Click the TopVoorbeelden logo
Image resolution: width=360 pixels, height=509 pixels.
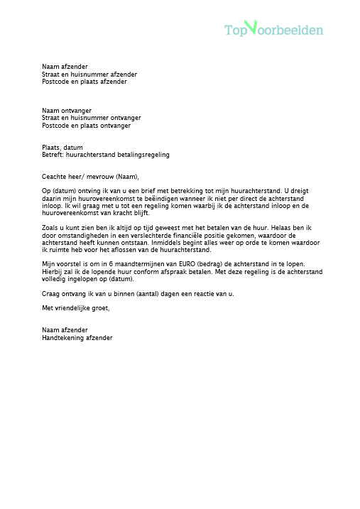pos(273,29)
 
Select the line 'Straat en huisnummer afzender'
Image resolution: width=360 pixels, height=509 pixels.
pos(89,74)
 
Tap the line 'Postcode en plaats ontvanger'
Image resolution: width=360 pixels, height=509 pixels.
pos(86,126)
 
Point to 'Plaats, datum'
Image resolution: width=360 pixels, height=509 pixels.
pos(62,147)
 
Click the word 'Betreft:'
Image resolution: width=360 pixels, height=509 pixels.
pos(53,155)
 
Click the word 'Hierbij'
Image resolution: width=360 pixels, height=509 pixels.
pos(53,272)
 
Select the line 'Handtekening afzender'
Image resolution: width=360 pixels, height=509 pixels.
pos(77,338)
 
